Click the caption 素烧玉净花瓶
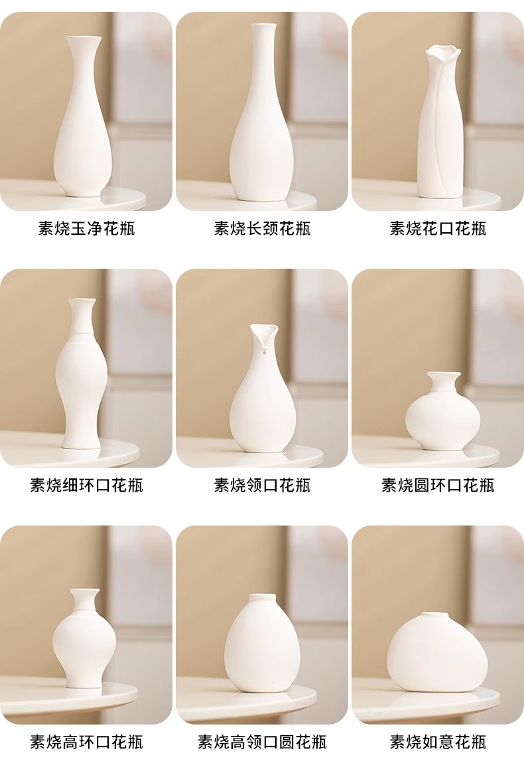pyautogui.click(x=86, y=228)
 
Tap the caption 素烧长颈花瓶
pyautogui.click(x=262, y=228)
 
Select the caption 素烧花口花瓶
pyautogui.click(x=438, y=228)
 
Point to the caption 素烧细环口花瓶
pyautogui.click(x=86, y=486)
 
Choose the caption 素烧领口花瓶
pyautogui.click(x=262, y=486)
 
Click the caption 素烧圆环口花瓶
pyautogui.click(x=438, y=486)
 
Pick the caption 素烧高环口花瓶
pyautogui.click(x=86, y=742)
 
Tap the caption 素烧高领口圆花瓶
pyautogui.click(x=262, y=742)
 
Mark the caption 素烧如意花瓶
pyautogui.click(x=438, y=742)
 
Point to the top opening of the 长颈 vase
pyautogui.click(x=265, y=25)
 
